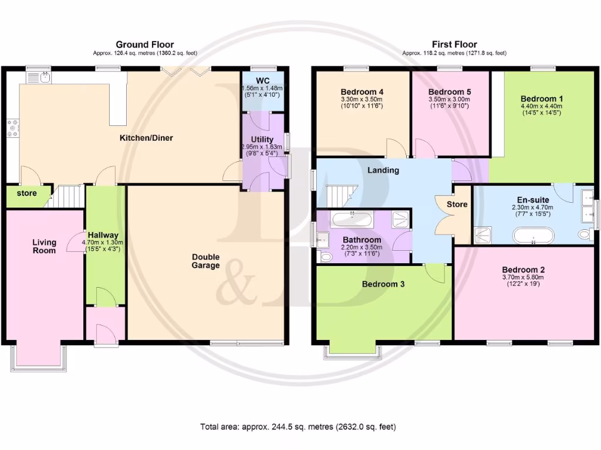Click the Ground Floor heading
pos(144,45)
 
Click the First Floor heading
pos(454,45)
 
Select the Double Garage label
pos(205,261)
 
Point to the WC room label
pos(262,80)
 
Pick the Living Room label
pos(44,247)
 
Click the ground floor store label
pos(26,193)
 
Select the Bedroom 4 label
pos(362,92)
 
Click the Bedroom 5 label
pos(450,92)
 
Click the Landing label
pos(383,171)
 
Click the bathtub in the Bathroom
pos(351,220)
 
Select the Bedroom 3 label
pos(383,284)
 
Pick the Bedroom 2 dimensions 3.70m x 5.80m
pos(523,277)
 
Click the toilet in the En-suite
pos(584,234)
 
